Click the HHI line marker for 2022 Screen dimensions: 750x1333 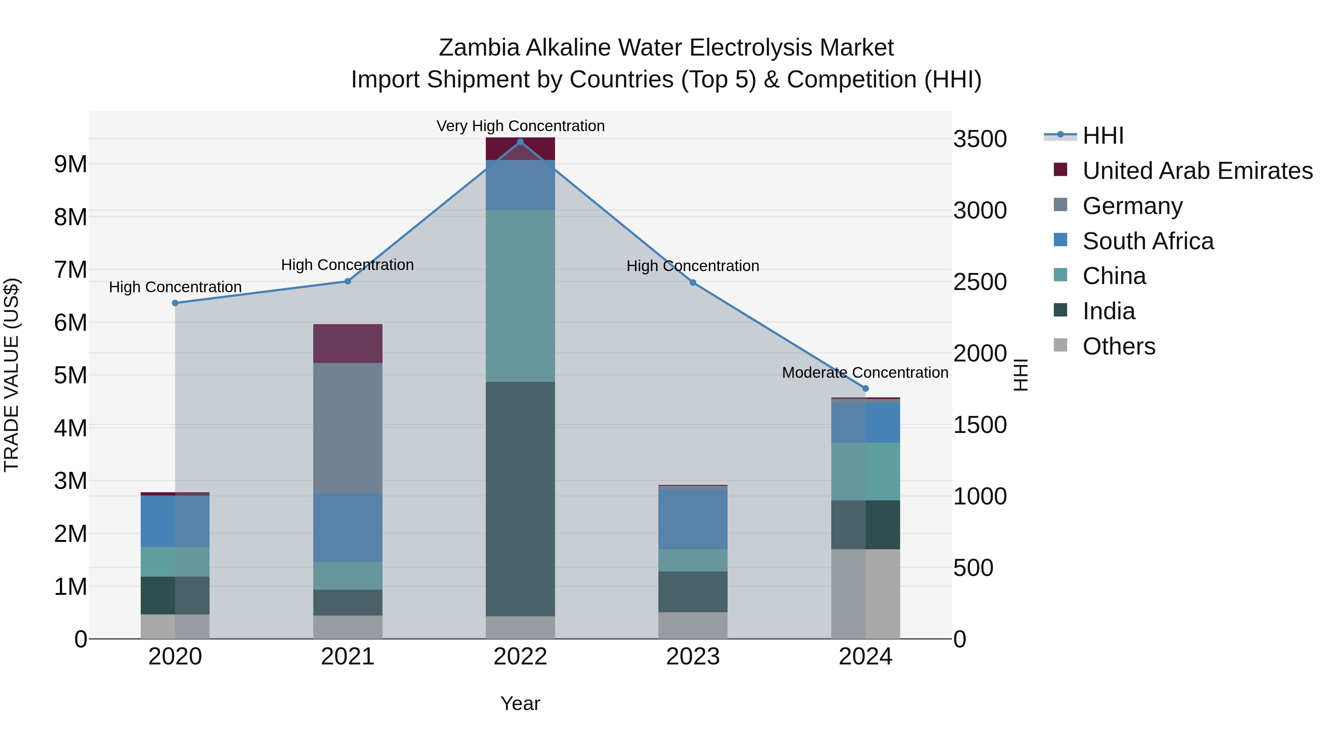click(521, 141)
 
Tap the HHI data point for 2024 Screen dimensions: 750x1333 click(865, 388)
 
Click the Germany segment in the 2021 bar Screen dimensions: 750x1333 click(348, 428)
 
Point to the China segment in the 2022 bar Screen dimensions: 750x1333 click(521, 296)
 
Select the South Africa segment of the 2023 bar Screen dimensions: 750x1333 click(693, 519)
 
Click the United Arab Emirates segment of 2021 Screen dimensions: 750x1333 click(348, 343)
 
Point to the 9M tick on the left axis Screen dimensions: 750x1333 click(71, 164)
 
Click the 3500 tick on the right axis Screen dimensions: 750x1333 click(979, 139)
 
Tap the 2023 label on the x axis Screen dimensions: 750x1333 click(693, 657)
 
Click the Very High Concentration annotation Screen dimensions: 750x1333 click(521, 126)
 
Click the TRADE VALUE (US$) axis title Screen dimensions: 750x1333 click(11, 375)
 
